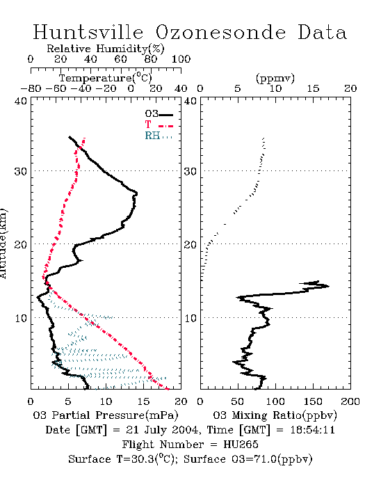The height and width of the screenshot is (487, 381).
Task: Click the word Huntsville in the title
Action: click(x=88, y=32)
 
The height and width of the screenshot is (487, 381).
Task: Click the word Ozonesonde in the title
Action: click(x=220, y=32)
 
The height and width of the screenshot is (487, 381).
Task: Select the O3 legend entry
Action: click(x=159, y=114)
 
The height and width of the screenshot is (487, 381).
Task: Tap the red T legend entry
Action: click(x=159, y=125)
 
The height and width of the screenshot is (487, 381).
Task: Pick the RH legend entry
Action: click(x=159, y=136)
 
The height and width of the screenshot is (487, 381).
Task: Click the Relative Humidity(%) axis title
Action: click(x=105, y=49)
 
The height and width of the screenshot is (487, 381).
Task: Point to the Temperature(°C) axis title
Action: click(x=105, y=77)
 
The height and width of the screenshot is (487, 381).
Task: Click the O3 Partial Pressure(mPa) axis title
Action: click(x=106, y=415)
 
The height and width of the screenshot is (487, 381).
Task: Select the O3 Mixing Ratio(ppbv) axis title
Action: click(x=275, y=415)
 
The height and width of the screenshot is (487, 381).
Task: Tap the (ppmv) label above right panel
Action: click(x=275, y=78)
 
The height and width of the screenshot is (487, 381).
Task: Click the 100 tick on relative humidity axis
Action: click(x=181, y=59)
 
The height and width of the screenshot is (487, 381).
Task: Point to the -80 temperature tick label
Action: click(x=31, y=89)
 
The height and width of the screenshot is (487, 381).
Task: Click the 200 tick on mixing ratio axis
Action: click(x=350, y=401)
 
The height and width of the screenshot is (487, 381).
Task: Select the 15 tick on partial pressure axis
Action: click(x=143, y=401)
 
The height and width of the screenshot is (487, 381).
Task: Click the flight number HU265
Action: click(x=241, y=445)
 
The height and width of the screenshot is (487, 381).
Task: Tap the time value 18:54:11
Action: click(x=312, y=430)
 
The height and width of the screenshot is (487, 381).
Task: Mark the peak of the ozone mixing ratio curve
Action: click(x=329, y=286)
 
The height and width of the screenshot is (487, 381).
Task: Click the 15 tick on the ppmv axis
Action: click(x=313, y=89)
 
